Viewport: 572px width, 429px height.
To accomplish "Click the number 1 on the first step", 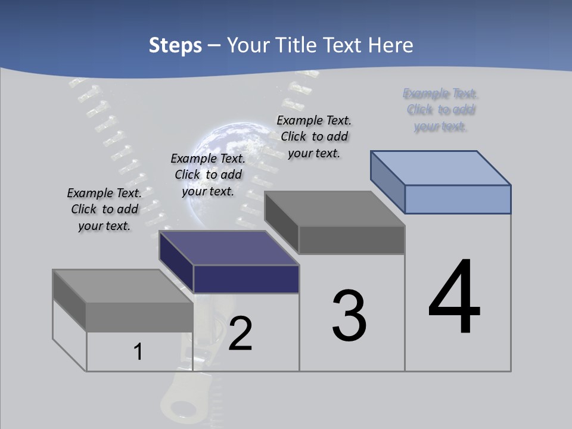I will pos(138,352).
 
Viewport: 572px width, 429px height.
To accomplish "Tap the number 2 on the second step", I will pos(240,334).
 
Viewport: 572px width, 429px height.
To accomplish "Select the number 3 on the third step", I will pos(349,316).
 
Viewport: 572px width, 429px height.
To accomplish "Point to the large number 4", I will pos(454,297).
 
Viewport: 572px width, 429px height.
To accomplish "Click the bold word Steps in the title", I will pos(175,45).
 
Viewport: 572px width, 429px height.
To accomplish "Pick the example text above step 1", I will pos(104,209).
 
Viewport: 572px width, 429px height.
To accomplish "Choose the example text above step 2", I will pos(208,175).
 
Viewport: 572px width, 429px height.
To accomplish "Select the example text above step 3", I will pos(314,136).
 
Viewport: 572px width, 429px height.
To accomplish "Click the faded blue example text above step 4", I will pos(441,110).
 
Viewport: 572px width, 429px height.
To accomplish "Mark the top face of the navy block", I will pos(229,248).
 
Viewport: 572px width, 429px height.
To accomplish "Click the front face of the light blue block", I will pos(458,199).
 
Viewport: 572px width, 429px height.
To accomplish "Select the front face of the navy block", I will pos(246,279).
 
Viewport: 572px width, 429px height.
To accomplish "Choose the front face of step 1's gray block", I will pos(139,317).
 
